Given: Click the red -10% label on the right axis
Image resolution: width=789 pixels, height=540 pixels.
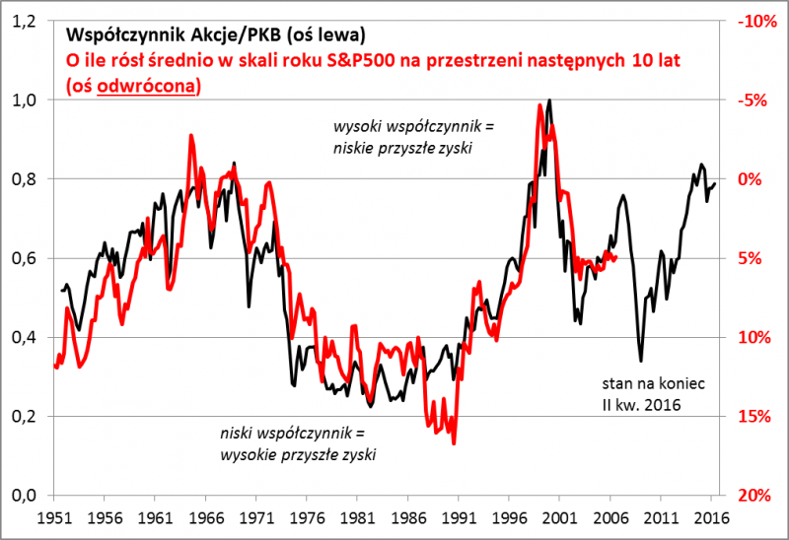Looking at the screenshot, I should pyautogui.click(x=753, y=21).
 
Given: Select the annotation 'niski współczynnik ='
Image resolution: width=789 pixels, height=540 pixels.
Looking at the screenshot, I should pyautogui.click(x=292, y=434).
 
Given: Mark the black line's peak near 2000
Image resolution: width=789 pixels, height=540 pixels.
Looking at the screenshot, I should pyautogui.click(x=548, y=101).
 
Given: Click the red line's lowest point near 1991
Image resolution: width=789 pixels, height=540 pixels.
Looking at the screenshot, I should pyautogui.click(x=454, y=443).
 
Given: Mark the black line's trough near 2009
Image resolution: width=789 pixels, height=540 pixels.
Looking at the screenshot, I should pyautogui.click(x=640, y=361).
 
